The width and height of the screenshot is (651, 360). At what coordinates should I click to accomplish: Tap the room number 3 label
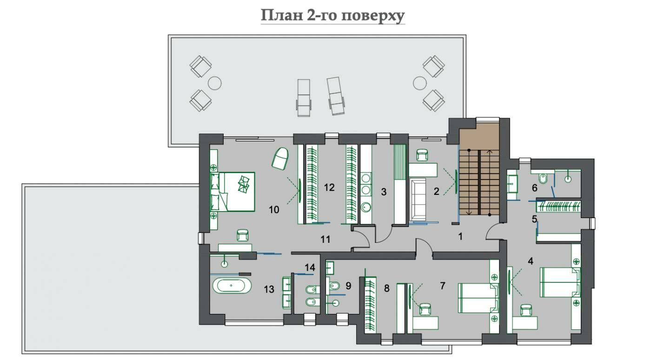(384, 192)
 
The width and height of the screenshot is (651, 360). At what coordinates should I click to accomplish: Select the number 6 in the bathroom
(535, 188)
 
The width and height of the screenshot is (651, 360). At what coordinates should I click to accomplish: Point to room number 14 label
(310, 267)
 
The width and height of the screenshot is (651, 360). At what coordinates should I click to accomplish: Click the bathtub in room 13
(232, 286)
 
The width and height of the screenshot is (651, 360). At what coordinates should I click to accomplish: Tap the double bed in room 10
(232, 191)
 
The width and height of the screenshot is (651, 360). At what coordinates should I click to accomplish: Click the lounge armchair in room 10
(280, 158)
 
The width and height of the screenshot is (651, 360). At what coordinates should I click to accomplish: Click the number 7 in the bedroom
(442, 286)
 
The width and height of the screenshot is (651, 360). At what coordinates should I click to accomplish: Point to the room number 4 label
(531, 261)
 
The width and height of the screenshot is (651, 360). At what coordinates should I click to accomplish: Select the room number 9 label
(348, 286)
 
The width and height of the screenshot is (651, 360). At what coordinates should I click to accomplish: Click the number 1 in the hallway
(460, 237)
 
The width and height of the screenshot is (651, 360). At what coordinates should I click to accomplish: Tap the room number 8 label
(386, 288)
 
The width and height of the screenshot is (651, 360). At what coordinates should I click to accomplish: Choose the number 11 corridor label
(325, 240)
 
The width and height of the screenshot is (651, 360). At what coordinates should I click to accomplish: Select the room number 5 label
(534, 219)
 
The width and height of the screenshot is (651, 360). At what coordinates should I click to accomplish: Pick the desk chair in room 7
(425, 309)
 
